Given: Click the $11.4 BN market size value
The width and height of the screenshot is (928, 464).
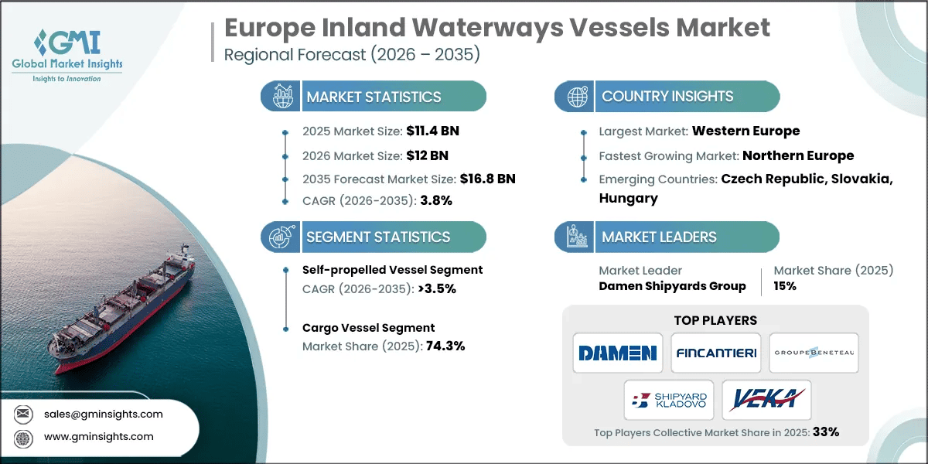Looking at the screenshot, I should [433, 131].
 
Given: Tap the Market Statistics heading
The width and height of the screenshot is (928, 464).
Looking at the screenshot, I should [374, 97].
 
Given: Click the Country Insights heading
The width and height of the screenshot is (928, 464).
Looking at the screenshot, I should [667, 97].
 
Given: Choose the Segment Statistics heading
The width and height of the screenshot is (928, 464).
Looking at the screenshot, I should [378, 237].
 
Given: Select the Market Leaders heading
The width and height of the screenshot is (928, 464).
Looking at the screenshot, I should [659, 237].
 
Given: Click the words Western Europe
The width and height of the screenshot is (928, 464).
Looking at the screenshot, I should [745, 131].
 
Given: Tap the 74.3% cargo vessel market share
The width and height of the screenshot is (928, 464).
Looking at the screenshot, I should [445, 346].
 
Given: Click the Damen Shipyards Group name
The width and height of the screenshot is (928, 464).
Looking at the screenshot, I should [672, 286].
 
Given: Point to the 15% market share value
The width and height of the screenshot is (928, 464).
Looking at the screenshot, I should [785, 286].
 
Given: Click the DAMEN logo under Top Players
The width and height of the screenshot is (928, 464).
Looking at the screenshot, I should [617, 353].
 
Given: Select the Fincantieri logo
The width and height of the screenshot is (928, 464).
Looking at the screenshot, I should [715, 353].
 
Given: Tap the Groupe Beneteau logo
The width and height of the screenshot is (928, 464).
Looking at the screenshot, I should [814, 353].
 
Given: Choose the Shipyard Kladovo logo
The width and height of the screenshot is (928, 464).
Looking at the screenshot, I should [667, 400].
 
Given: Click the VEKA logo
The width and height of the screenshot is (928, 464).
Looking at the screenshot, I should [766, 400].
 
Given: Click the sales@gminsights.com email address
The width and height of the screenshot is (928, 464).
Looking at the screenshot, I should [104, 414].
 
